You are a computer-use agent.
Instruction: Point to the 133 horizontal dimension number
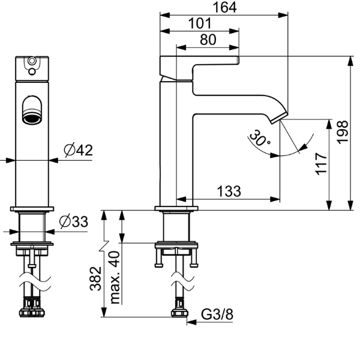pos(229,191)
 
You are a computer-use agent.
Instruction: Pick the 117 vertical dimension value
pos(321,163)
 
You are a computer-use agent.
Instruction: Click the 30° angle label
pos(260,139)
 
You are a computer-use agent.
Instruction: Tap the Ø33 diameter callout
pos(73,222)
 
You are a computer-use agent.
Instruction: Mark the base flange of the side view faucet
pos(176,209)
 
